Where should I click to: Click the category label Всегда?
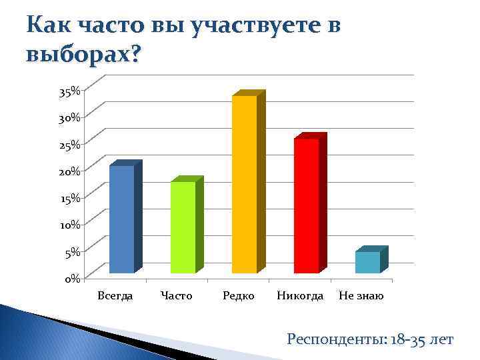click(x=115, y=295)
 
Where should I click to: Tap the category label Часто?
click(x=177, y=295)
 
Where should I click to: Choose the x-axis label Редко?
click(x=238, y=295)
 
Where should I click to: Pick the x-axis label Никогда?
click(x=300, y=295)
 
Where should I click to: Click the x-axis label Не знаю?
click(x=361, y=295)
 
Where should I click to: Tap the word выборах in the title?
click(x=83, y=53)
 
